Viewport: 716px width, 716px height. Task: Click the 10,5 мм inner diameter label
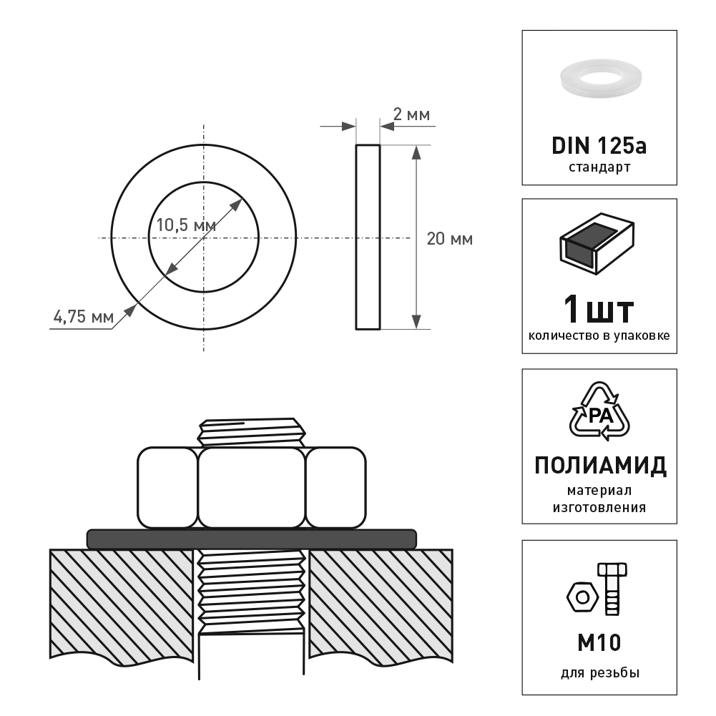[x=186, y=225]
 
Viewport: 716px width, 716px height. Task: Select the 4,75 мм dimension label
[x=84, y=316]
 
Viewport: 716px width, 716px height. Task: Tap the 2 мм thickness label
[x=411, y=114]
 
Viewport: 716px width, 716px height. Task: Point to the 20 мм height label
[x=450, y=239]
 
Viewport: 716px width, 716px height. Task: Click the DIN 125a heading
[x=599, y=146]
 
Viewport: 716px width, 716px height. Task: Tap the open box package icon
[x=597, y=244]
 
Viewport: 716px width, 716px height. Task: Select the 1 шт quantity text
[x=599, y=309]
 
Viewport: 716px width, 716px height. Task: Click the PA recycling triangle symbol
[x=599, y=411]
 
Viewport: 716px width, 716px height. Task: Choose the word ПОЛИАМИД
[x=600, y=466]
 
